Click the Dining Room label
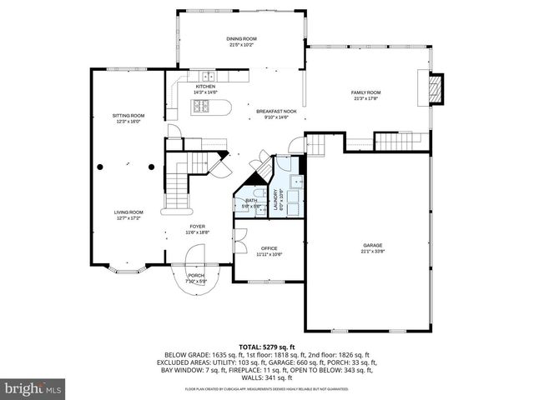pyautogui.click(x=242, y=39)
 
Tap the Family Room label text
pyautogui.click(x=365, y=92)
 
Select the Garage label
pyautogui.click(x=371, y=245)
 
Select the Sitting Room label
pyautogui.click(x=128, y=116)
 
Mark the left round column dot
pyautogui.click(x=100, y=166)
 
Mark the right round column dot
pyautogui.click(x=151, y=166)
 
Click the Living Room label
pyautogui.click(x=128, y=212)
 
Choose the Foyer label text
pyautogui.click(x=197, y=226)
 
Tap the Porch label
pyautogui.click(x=196, y=275)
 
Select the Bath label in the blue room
pyautogui.click(x=251, y=201)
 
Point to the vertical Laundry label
pyautogui.click(x=276, y=201)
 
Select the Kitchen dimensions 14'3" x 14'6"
pyautogui.click(x=205, y=92)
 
